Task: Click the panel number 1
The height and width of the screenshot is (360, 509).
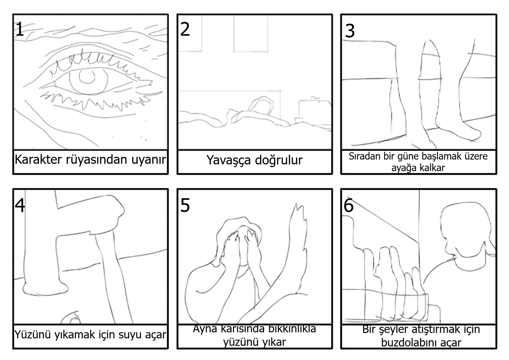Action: [x=19, y=29]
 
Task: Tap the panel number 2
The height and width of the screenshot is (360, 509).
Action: [x=185, y=29]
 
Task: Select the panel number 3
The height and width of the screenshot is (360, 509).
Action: [x=350, y=31]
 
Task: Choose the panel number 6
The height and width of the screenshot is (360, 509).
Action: [x=348, y=206]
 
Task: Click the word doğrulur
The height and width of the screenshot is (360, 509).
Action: [x=278, y=160]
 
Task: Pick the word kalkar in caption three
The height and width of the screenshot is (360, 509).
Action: [x=433, y=168]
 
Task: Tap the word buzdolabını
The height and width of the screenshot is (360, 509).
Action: [x=421, y=342]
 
